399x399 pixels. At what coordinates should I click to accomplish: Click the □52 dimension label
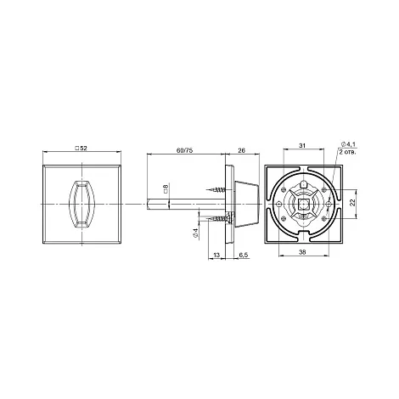pyautogui.click(x=81, y=148)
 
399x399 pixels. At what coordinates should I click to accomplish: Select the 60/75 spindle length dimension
pyautogui.click(x=184, y=150)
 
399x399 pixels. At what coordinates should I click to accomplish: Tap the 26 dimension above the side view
pyautogui.click(x=241, y=150)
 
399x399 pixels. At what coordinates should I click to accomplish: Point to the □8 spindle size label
pyautogui.click(x=166, y=188)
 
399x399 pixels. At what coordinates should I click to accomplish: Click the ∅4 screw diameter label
pyautogui.click(x=195, y=233)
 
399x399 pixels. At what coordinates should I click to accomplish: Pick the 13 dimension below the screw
pyautogui.click(x=216, y=255)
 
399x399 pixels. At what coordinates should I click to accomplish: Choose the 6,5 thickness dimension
pyautogui.click(x=244, y=255)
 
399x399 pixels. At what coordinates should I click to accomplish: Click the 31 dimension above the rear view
pyautogui.click(x=302, y=145)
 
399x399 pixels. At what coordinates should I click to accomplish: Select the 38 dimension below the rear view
pyautogui.click(x=302, y=252)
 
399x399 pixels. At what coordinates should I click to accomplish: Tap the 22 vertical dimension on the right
pyautogui.click(x=352, y=203)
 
